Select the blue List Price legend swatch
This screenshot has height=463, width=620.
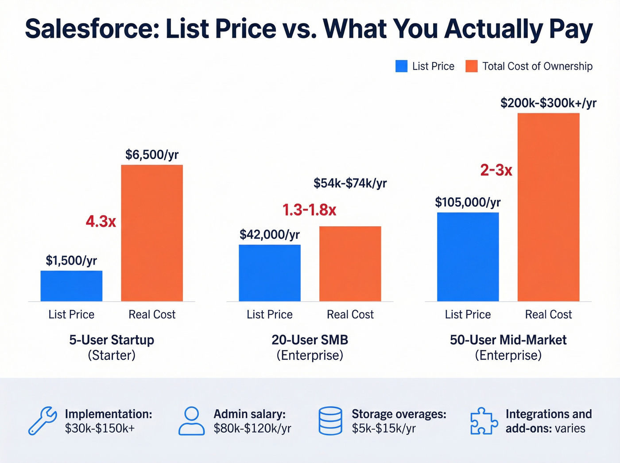tap(401, 66)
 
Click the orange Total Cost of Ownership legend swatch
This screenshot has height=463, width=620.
tap(471, 66)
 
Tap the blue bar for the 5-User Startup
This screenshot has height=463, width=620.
tap(71, 286)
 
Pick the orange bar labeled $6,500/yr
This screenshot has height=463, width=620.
tap(152, 233)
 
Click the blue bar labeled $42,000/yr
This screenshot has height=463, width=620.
tap(269, 273)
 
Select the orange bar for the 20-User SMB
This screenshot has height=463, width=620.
tap(350, 264)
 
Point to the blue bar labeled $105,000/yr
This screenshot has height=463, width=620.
tap(468, 257)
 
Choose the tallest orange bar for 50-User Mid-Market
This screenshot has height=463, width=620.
tap(548, 207)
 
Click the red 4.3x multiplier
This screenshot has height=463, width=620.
tap(101, 221)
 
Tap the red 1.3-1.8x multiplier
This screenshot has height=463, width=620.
tap(310, 210)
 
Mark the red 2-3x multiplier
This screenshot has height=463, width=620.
tap(496, 170)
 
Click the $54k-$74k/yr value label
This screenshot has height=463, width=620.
tap(350, 183)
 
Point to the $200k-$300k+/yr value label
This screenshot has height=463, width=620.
tap(548, 103)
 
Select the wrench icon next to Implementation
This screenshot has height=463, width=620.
tap(43, 420)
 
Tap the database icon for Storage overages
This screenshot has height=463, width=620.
tap(330, 420)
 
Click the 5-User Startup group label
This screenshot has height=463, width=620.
tap(112, 340)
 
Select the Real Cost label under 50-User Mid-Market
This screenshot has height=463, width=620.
tap(548, 315)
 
